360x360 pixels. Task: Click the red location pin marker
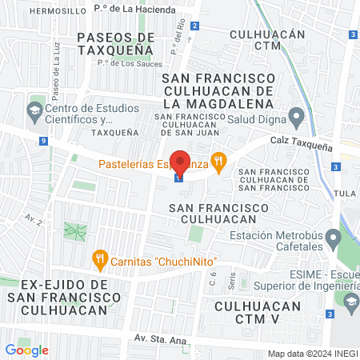[180, 162]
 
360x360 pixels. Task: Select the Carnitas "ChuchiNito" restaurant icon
[100, 258]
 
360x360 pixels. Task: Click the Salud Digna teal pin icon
[297, 118]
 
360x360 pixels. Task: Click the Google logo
[26, 350]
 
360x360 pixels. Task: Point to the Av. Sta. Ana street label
[160, 340]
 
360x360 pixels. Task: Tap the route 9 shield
[42, 141]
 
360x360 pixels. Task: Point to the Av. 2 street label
[33, 218]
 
